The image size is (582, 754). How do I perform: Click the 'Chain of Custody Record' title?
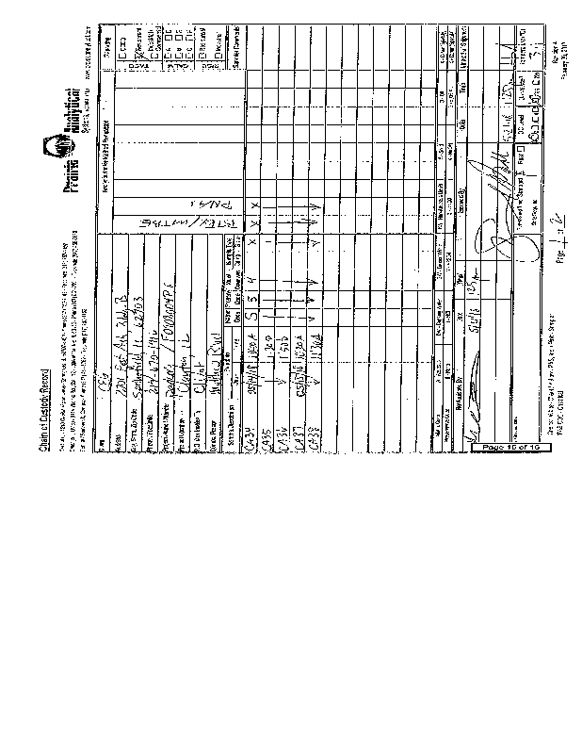pos(44,407)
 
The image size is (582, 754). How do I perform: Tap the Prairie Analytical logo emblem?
pos(60,149)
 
